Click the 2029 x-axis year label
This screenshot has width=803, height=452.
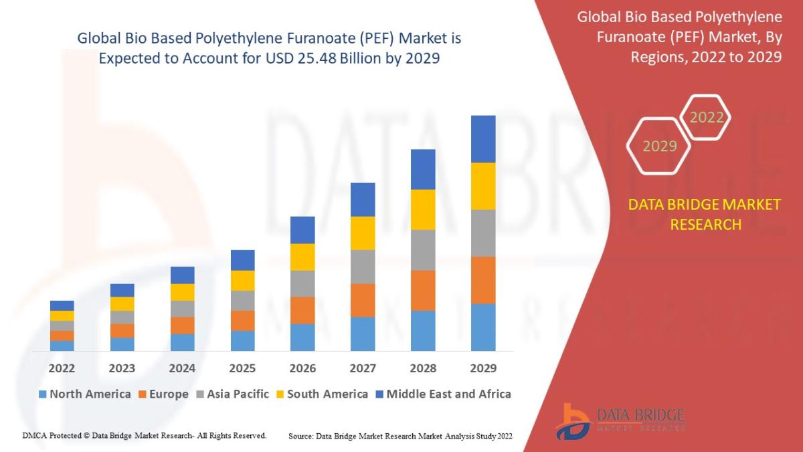click(483, 368)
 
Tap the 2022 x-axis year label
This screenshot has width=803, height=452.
click(62, 368)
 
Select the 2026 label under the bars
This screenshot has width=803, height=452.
click(302, 368)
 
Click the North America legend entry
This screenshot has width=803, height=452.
click(85, 394)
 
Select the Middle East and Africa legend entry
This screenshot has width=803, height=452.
click(442, 394)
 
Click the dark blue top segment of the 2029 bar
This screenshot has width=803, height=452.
click(483, 139)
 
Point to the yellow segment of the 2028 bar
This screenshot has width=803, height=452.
click(423, 210)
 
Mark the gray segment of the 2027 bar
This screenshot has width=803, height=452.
click(363, 267)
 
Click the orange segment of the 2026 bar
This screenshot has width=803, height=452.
click(302, 310)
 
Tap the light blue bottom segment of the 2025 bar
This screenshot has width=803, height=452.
click(243, 340)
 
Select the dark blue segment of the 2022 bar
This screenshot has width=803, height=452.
click(62, 305)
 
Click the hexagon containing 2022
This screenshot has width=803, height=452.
click(706, 118)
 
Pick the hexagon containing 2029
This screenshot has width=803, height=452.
click(659, 145)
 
